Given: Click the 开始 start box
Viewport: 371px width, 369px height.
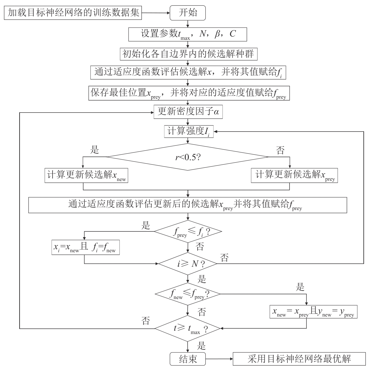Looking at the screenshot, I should pyautogui.click(x=188, y=13).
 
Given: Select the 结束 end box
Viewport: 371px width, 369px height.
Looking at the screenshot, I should pyautogui.click(x=188, y=359).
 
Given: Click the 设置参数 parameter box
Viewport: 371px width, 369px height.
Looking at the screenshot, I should pyautogui.click(x=188, y=34).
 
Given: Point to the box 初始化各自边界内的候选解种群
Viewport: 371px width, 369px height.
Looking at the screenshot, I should pyautogui.click(x=188, y=54).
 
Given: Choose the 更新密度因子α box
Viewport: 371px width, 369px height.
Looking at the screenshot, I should pyautogui.click(x=188, y=112).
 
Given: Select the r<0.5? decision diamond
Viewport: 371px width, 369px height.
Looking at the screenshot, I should pyautogui.click(x=188, y=157).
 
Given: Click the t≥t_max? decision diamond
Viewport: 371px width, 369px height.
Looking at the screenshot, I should pyautogui.click(x=188, y=328).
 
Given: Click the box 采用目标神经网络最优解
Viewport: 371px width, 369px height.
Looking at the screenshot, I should pyautogui.click(x=299, y=359).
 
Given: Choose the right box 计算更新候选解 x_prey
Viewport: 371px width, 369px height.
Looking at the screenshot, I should pyautogui.click(x=294, y=175).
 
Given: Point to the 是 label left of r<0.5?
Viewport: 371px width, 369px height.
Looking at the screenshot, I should pyautogui.click(x=95, y=150).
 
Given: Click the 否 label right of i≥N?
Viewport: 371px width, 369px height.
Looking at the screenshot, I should pyautogui.click(x=224, y=258).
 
